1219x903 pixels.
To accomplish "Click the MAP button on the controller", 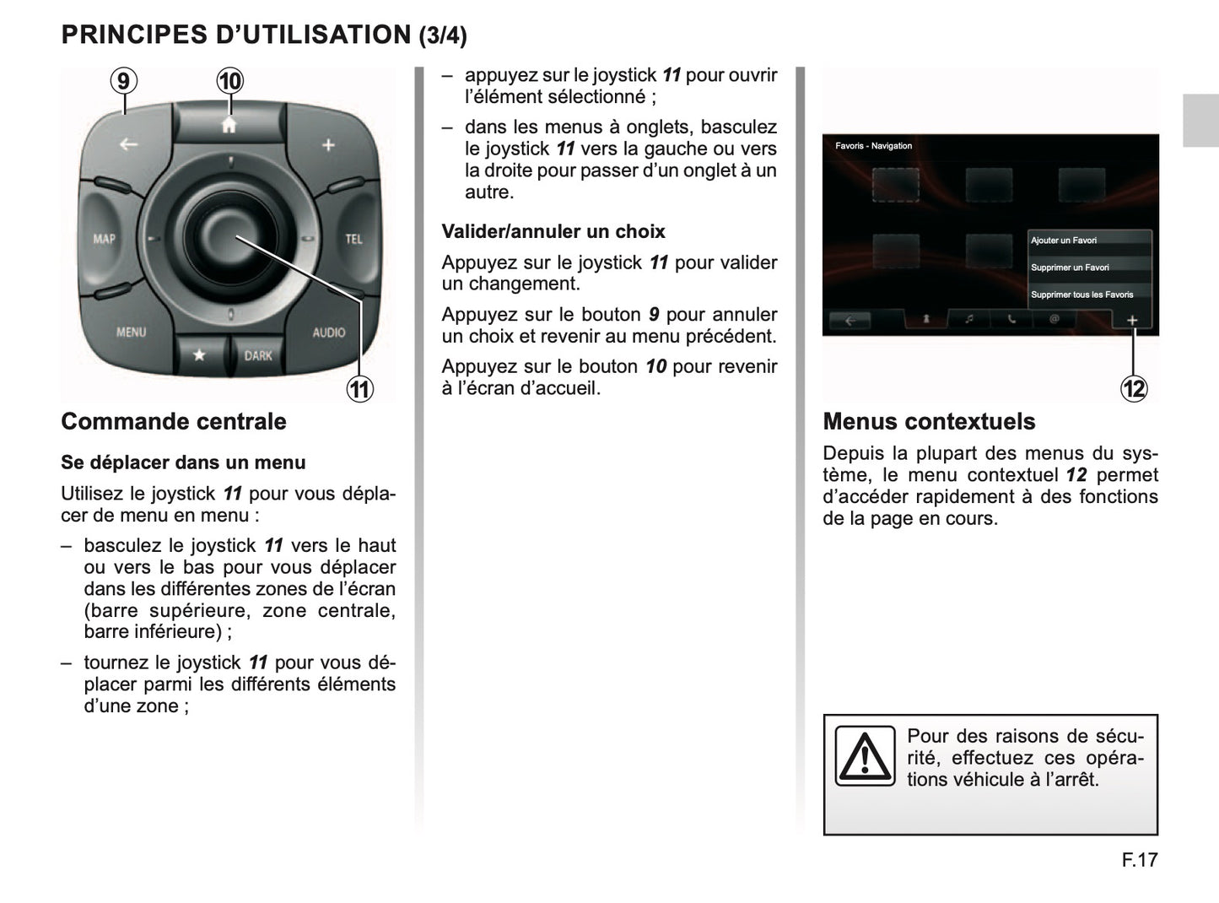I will click(x=104, y=239).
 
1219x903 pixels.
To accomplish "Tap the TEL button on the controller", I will click(x=353, y=239).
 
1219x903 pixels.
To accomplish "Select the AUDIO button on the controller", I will click(x=328, y=332).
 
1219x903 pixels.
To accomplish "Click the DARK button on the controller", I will click(x=258, y=355).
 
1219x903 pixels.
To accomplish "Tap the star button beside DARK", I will click(x=199, y=355).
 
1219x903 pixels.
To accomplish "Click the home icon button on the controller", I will click(x=229, y=125).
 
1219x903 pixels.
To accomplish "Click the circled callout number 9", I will click(x=124, y=81).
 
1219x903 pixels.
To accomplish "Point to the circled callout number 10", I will click(x=229, y=81).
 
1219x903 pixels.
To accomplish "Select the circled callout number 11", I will click(x=360, y=389).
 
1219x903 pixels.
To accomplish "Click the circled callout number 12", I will click(x=1134, y=389).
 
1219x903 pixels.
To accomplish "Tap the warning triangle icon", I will click(x=865, y=755).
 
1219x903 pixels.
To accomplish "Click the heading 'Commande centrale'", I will click(x=174, y=421).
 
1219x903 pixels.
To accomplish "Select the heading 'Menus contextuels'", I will click(x=929, y=421).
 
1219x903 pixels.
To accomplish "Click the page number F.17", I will click(x=1140, y=860).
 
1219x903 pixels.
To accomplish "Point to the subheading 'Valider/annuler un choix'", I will click(x=553, y=231).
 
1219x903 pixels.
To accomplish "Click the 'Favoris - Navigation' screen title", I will click(x=873, y=146).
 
